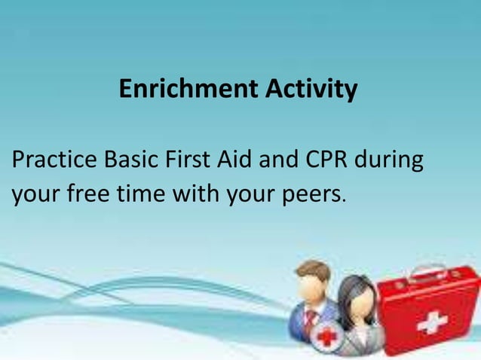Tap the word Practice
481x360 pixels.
coord(54,161)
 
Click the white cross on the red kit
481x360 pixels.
coord(432,323)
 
